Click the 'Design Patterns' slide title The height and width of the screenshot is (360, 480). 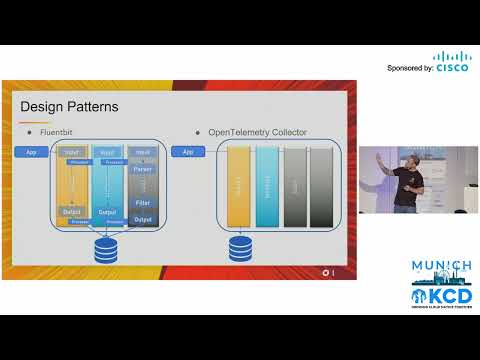(x=70, y=107)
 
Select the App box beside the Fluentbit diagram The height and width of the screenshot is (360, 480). (x=30, y=152)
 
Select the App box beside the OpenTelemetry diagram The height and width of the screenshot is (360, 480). (x=186, y=152)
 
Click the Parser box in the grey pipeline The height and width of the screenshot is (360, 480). (x=142, y=182)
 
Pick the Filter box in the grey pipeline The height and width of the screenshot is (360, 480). (x=142, y=201)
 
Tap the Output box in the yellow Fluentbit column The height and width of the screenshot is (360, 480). (x=71, y=212)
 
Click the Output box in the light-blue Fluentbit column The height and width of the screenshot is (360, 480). (x=107, y=212)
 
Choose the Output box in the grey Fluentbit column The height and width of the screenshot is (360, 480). (x=142, y=219)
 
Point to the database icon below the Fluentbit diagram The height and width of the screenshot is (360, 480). (x=105, y=250)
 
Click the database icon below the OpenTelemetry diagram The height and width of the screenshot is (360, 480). (x=241, y=247)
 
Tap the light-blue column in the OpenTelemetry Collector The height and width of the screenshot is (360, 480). (x=266, y=186)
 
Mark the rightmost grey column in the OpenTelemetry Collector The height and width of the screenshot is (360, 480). (x=320, y=186)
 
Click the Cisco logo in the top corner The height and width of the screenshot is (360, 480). (x=451, y=63)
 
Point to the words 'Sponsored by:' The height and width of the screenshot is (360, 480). (x=409, y=68)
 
